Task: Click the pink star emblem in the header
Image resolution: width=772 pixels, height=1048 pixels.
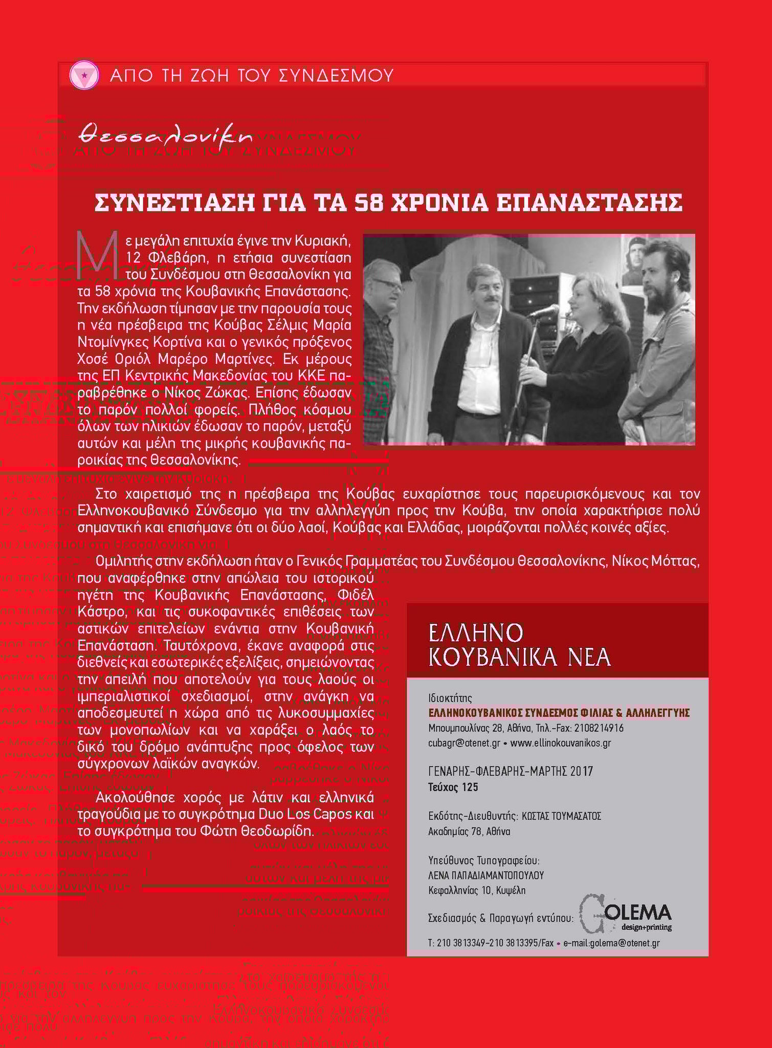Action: [83, 76]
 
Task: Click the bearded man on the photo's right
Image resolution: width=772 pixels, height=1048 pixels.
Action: [660, 327]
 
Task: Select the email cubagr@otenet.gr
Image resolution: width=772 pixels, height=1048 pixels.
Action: [464, 743]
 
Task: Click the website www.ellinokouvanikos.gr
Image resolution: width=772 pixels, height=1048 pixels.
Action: [561, 743]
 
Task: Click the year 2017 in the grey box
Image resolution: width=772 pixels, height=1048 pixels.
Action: [581, 771]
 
